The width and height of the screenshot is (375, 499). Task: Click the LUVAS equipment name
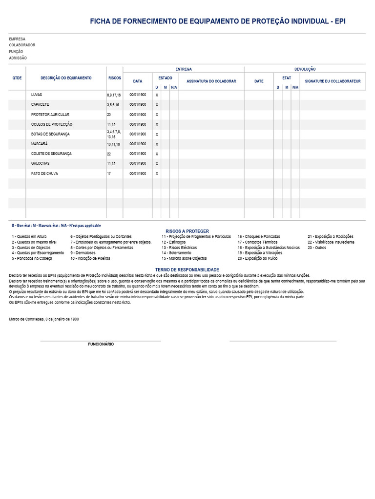(37, 95)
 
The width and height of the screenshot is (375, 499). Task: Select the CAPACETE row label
(40, 105)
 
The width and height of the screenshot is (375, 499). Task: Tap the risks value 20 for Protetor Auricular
(109, 115)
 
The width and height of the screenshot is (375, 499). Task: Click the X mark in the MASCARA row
(157, 144)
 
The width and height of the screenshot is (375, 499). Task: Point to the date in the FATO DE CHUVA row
(138, 173)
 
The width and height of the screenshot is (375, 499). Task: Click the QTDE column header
(17, 78)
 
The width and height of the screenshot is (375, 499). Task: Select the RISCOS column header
(115, 78)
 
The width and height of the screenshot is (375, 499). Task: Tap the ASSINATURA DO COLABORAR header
(211, 81)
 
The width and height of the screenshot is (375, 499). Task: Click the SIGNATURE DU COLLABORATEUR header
(333, 81)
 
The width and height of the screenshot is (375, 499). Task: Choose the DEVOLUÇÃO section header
(305, 69)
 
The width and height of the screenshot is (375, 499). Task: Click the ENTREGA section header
(184, 69)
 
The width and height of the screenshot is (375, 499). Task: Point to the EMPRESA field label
(17, 39)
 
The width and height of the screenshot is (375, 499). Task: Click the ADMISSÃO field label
(18, 58)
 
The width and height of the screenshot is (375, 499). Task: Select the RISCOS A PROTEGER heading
(187, 231)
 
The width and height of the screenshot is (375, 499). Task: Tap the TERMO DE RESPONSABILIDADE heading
(187, 269)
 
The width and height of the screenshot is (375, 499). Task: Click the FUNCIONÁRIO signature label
(101, 344)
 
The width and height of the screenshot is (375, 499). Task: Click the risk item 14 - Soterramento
(176, 253)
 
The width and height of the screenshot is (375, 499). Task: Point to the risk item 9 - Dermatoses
(83, 253)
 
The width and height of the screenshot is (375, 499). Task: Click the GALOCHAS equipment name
(41, 164)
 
